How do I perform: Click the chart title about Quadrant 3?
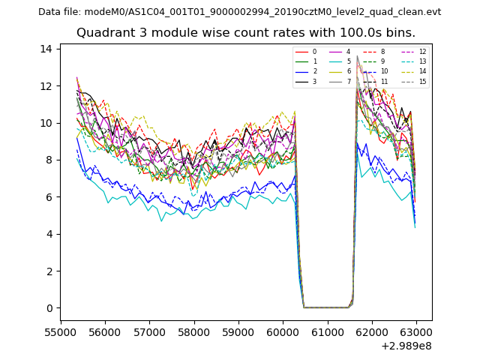pos(245,33)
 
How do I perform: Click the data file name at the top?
pos(239,12)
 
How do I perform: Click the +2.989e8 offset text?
pos(406,346)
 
